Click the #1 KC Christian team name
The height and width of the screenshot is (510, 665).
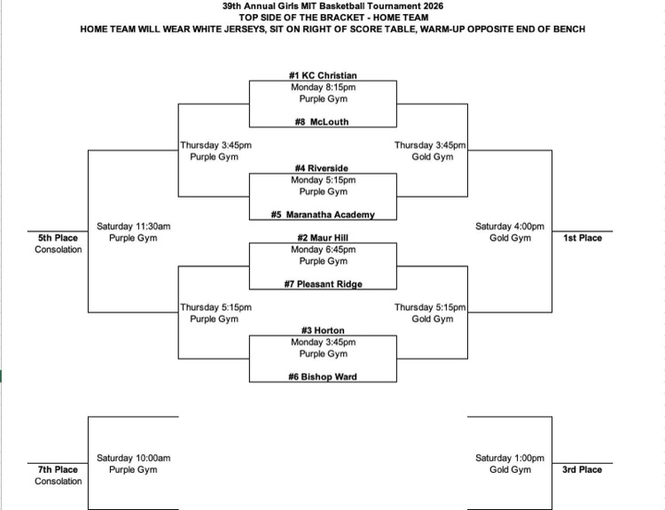[323, 76]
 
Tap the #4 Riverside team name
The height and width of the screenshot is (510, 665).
[323, 168]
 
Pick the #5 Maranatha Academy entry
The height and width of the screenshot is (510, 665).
[323, 214]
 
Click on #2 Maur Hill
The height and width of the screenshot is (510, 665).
[323, 238]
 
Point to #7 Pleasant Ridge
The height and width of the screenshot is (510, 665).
[323, 284]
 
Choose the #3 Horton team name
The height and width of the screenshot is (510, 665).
[323, 330]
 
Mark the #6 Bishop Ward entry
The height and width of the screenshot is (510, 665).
[323, 376]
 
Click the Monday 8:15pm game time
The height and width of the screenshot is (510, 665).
[323, 88]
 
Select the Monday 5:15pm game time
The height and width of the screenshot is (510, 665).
[323, 180]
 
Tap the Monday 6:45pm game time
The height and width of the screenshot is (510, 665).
[323, 250]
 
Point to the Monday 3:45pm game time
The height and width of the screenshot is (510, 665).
[323, 342]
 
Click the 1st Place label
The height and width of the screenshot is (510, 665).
[582, 238]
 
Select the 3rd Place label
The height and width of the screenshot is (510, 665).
[582, 470]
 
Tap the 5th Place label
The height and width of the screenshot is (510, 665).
[58, 238]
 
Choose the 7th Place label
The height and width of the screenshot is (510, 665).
[58, 470]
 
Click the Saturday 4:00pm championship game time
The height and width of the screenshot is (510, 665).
[510, 227]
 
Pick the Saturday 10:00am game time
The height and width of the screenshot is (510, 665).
[133, 458]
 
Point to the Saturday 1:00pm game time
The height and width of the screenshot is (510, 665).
[510, 458]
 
